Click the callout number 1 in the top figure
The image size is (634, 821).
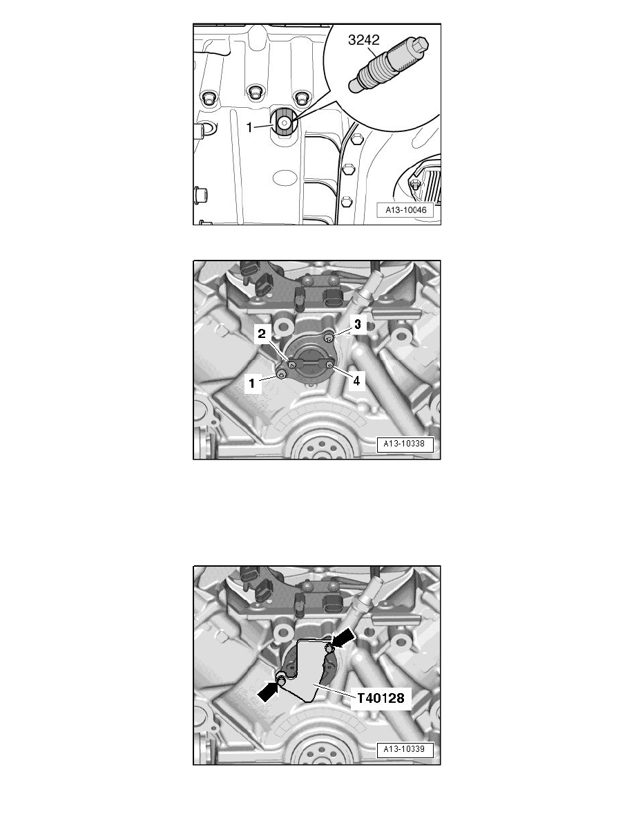254,126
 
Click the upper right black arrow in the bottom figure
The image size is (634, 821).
345,636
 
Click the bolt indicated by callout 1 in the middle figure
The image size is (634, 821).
280,374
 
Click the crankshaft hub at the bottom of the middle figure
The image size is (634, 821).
318,449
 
